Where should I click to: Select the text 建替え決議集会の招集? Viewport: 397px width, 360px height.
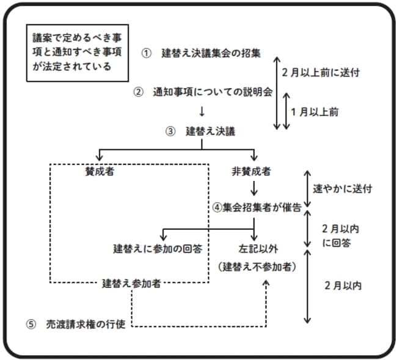pos(211,53)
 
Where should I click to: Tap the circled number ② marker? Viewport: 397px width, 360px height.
pos(139,92)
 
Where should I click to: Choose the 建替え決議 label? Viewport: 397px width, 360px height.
pos(210,131)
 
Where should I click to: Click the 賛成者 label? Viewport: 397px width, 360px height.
pos(100,171)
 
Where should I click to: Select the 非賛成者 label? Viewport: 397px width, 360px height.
pos(252,171)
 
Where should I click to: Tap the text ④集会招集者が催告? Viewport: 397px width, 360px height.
pos(257,207)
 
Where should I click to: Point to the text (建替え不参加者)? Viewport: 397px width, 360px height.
pos(257,266)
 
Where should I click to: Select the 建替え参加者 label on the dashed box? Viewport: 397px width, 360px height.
pos(132,283)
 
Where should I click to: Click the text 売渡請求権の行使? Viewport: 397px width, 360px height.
pos(86,324)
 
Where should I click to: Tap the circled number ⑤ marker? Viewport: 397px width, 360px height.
pos(32,324)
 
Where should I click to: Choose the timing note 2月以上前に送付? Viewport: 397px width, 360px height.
pos(319,72)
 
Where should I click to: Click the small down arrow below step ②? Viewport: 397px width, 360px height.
pos(201,111)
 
